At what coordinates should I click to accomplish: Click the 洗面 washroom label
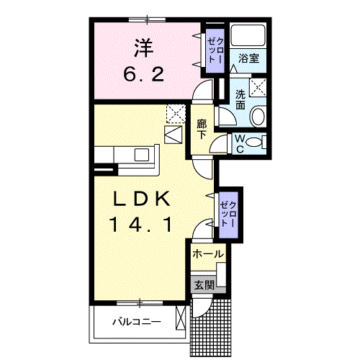(x=240, y=99)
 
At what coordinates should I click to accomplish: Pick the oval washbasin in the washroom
(x=258, y=117)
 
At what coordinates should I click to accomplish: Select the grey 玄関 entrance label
(x=203, y=285)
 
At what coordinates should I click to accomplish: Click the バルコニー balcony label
(x=136, y=321)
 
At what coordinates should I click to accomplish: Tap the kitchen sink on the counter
(x=142, y=154)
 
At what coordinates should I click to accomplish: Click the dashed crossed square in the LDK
(x=174, y=114)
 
